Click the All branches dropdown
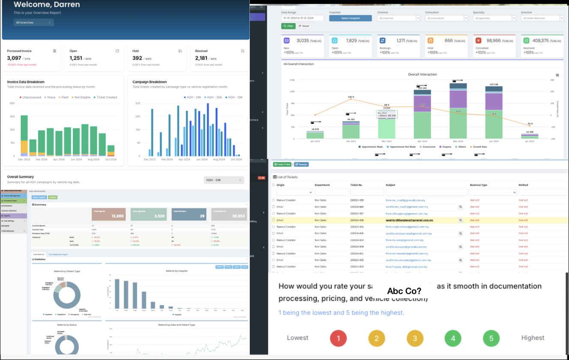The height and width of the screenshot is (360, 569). click(x=33, y=22)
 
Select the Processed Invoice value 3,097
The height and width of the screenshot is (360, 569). click(x=14, y=58)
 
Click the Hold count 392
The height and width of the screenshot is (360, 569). click(x=137, y=58)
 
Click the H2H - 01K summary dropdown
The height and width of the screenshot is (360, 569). click(x=224, y=180)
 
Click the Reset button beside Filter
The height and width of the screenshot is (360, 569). click(x=304, y=26)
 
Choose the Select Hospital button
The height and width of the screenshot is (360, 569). click(x=350, y=18)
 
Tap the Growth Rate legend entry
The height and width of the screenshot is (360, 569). click(x=479, y=147)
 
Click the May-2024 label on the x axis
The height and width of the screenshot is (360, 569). click(x=458, y=141)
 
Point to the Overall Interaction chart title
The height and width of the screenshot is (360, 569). click(x=422, y=75)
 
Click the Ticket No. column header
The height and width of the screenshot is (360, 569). click(x=356, y=185)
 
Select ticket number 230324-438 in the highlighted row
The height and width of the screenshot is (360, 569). click(x=357, y=220)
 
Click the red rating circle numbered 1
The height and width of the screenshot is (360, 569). click(x=338, y=338)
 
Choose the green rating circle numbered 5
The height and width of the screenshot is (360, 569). click(x=491, y=338)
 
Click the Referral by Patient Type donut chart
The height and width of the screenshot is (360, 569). click(x=67, y=295)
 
